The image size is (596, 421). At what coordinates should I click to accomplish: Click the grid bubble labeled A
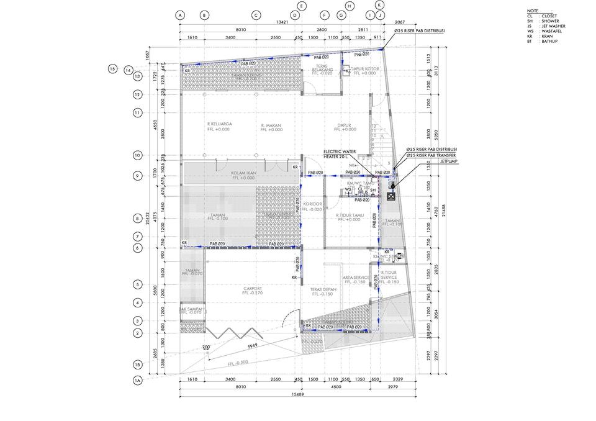point(180,15)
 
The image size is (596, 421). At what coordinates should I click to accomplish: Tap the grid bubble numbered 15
point(112,69)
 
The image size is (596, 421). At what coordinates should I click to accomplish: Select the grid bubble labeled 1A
point(137,379)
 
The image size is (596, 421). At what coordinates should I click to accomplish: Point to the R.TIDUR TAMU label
point(348,215)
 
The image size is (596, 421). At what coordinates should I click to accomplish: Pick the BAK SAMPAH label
point(191,309)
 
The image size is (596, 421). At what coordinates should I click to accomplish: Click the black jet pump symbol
point(391,197)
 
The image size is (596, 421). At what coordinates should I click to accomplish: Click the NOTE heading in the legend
point(532,11)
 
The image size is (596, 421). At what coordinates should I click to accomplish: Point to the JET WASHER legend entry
point(553,25)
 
